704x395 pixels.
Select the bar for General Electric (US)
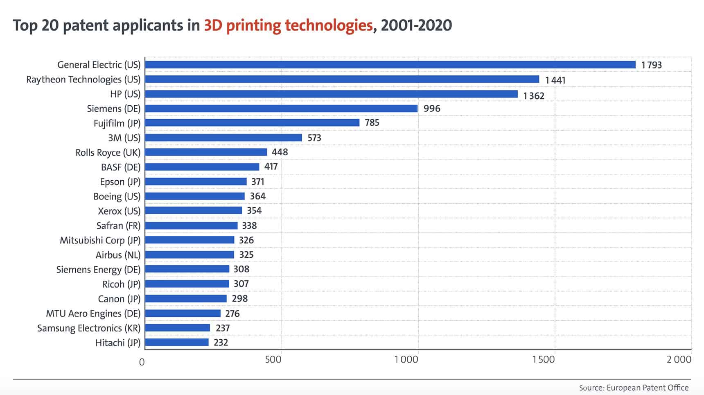point(390,65)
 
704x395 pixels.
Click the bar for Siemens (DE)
point(281,109)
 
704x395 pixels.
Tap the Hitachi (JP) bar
point(177,342)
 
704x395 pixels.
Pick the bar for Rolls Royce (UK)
point(206,152)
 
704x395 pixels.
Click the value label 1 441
point(555,80)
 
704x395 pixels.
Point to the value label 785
point(372,123)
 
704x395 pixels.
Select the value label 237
point(223,328)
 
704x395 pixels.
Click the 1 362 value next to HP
point(534,96)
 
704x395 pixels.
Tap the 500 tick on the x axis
point(273,360)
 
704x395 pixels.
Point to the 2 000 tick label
point(679,360)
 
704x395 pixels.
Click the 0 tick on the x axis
point(142,362)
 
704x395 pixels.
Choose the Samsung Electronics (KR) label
point(89,328)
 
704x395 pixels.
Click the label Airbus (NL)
point(118,255)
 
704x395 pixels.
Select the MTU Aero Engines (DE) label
point(93,313)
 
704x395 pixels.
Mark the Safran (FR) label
point(118,226)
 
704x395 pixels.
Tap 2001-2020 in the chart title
point(416,25)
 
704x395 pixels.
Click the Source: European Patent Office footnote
point(634,388)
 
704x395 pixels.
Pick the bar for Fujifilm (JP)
point(252,123)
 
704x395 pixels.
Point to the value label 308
point(241,269)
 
